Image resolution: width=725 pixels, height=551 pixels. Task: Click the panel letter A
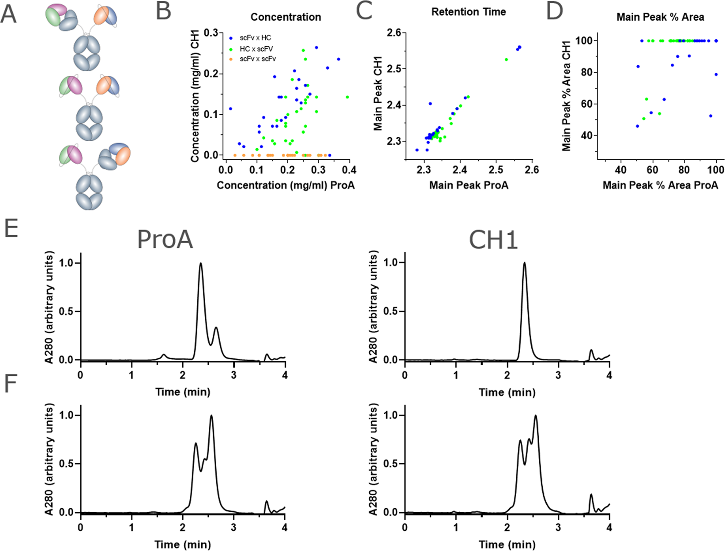[8, 14]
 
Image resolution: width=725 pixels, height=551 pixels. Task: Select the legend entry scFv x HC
[255, 38]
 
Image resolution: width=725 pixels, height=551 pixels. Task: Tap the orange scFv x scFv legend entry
[257, 59]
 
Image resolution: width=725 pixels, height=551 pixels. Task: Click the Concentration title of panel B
[285, 17]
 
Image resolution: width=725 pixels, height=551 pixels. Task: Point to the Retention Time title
[468, 12]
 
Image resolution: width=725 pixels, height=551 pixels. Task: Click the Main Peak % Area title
[660, 17]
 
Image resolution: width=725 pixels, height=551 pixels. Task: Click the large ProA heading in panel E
[165, 240]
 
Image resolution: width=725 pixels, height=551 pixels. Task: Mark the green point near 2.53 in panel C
[506, 60]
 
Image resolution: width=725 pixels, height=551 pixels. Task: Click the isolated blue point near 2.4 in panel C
[430, 104]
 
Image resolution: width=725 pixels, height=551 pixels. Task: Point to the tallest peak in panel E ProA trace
[201, 264]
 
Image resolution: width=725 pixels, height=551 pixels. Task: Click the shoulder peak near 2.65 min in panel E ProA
[216, 328]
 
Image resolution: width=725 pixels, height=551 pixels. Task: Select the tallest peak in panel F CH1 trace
[535, 416]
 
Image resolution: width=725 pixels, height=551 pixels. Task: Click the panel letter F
[10, 384]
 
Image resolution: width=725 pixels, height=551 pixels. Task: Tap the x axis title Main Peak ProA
[468, 185]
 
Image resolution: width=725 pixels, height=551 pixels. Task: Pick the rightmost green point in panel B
[347, 97]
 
